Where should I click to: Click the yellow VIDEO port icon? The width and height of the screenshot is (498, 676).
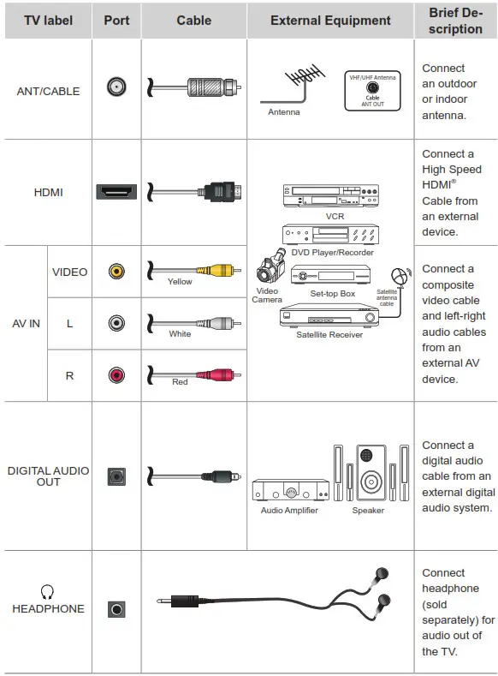pos(116,272)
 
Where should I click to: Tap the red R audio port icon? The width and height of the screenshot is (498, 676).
pos(116,374)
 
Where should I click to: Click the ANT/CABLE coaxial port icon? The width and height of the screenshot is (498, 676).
pos(116,87)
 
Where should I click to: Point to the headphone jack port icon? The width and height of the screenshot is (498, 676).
pos(116,609)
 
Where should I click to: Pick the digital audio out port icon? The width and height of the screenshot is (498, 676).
pos(116,476)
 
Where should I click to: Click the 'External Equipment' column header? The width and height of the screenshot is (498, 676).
pos(330,21)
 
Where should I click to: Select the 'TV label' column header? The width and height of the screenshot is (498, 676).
pos(48,21)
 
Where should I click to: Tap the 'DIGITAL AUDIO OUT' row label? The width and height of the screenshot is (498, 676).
pos(48,476)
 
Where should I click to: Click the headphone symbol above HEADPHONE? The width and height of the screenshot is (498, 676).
pos(48,591)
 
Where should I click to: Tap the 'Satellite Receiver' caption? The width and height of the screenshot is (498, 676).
pos(329,334)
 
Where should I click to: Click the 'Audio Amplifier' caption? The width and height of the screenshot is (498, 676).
pos(289,511)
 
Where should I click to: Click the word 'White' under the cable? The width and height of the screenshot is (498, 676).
pos(180,334)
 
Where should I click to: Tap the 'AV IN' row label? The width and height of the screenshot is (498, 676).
pos(26,324)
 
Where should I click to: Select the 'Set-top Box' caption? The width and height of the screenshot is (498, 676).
pos(332,294)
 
